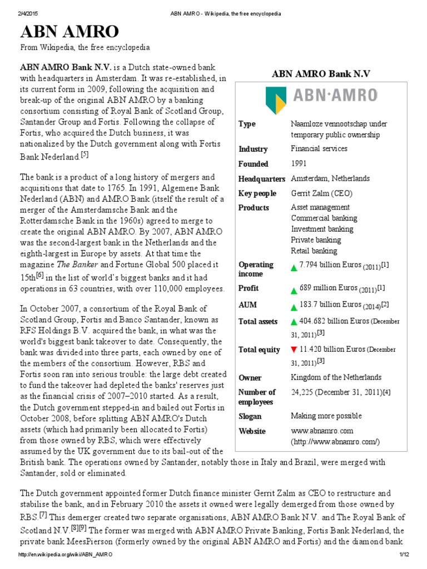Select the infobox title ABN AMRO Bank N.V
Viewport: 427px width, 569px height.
(320, 74)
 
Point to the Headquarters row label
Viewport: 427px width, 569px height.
(261, 178)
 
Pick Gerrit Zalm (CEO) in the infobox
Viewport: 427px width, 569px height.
(321, 193)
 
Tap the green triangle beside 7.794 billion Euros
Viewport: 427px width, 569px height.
(294, 267)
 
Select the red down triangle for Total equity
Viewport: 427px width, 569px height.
(294, 350)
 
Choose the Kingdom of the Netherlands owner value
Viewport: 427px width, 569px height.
(336, 377)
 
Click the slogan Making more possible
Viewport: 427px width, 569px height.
(326, 416)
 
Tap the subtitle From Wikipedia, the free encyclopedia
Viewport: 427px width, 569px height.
(85, 48)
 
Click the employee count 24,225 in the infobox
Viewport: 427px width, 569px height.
(307, 392)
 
